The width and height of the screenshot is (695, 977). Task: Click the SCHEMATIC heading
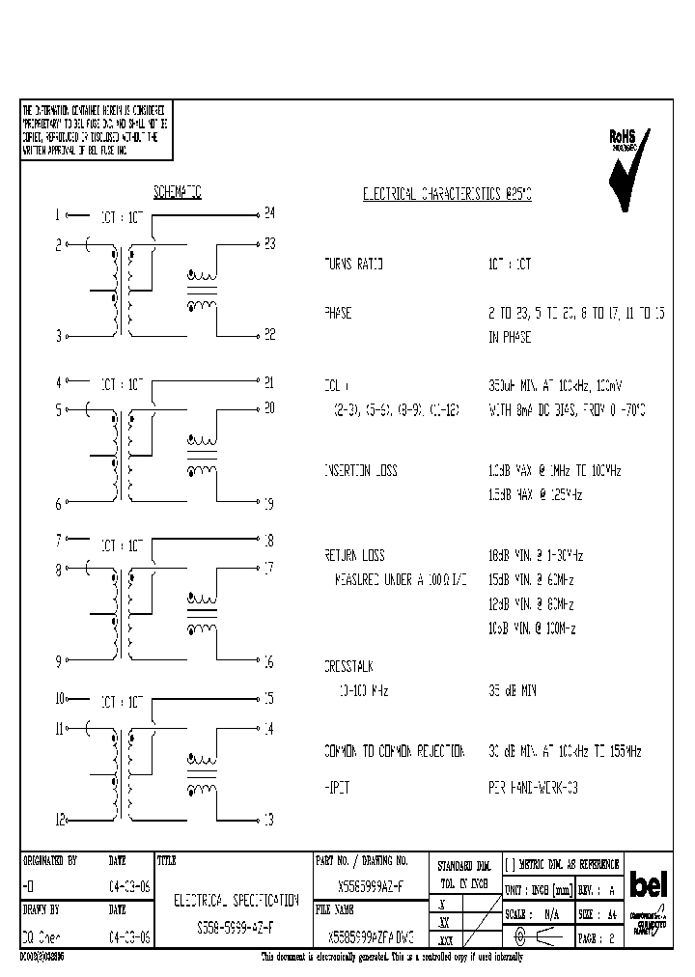177,192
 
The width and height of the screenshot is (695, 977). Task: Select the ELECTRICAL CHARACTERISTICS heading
447,194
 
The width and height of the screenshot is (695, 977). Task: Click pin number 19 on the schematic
268,504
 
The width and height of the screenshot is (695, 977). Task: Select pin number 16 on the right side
268,662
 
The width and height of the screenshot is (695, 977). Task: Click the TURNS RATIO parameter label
353,264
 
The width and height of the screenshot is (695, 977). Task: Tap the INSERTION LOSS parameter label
360,471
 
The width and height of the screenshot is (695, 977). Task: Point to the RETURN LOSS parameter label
354,556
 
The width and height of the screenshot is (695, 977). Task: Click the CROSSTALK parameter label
348,667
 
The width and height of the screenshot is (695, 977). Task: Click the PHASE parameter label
338,314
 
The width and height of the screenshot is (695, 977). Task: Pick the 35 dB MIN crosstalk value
513,691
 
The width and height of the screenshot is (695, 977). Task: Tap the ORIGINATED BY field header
49,860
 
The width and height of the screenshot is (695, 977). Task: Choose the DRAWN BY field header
41,909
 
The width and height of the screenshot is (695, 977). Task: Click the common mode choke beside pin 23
202,291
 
